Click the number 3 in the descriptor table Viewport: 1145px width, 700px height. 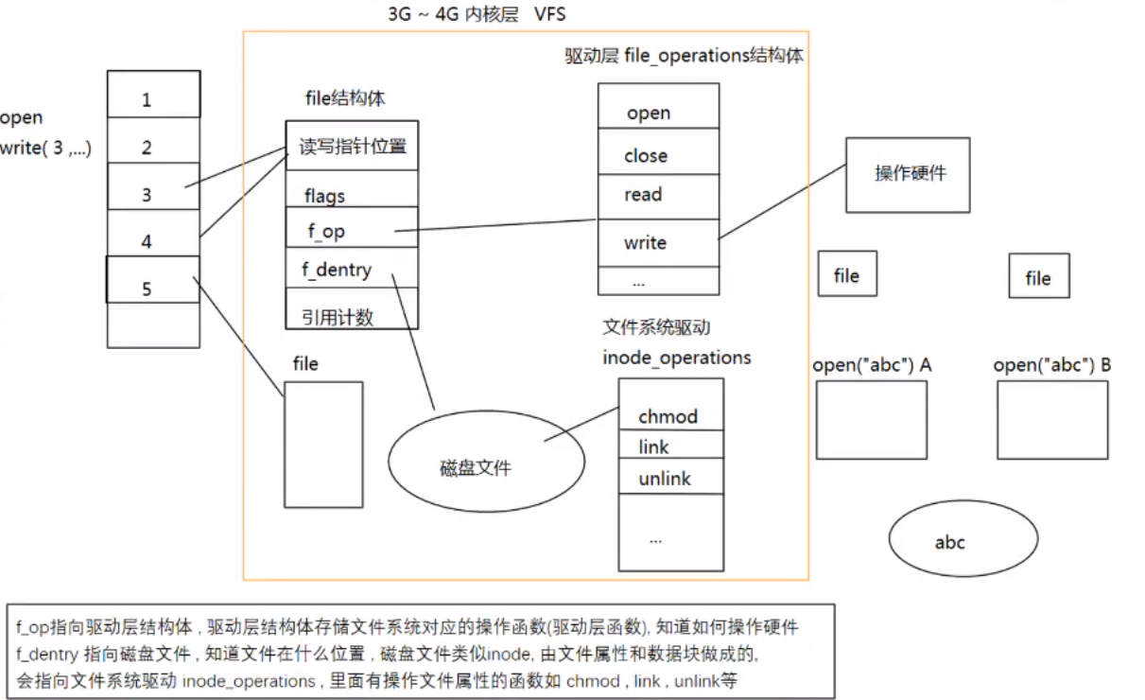(x=147, y=196)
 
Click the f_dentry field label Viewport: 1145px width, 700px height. (x=337, y=271)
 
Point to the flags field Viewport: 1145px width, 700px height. (x=324, y=197)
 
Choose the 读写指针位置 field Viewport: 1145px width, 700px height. (x=353, y=147)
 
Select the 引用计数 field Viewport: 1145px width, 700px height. (x=338, y=318)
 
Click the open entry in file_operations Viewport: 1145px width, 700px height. (x=649, y=114)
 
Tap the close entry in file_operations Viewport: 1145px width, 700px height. (x=646, y=156)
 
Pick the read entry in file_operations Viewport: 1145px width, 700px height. (x=643, y=195)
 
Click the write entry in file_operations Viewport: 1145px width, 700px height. (x=645, y=243)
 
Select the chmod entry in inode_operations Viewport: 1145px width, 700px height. (x=668, y=416)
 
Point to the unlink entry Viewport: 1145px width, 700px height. (x=665, y=479)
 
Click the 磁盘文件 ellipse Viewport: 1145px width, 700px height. (x=476, y=467)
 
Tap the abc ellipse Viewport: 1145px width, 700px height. (x=950, y=542)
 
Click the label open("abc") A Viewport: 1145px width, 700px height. (x=872, y=365)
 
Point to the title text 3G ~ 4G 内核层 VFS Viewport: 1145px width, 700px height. (x=477, y=15)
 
